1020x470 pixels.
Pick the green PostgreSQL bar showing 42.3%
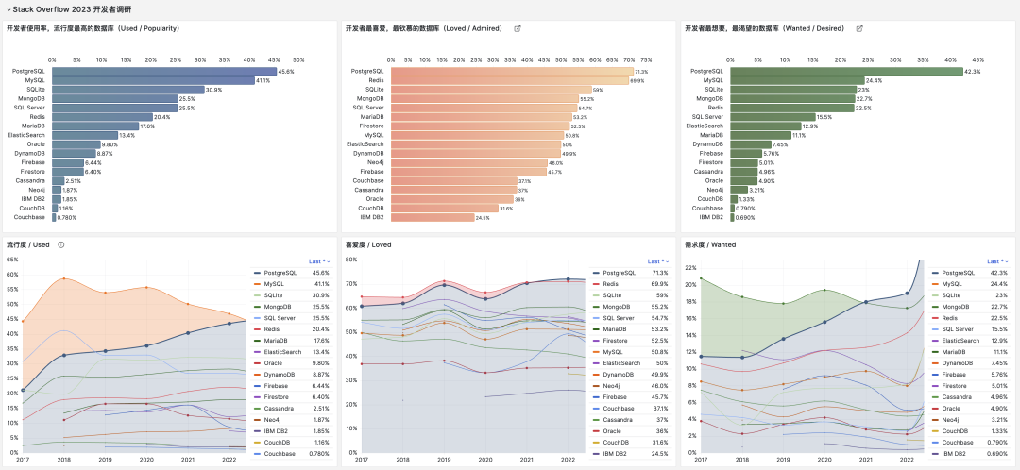click(846, 71)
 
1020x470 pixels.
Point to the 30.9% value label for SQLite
click(213, 90)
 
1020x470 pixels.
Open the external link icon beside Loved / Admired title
click(517, 28)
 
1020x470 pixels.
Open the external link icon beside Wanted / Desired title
click(858, 28)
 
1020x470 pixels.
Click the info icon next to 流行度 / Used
click(60, 244)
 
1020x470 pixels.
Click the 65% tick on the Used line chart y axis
click(12, 275)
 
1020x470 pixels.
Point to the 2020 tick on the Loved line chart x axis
click(485, 460)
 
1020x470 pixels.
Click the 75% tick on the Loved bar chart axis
click(646, 59)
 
